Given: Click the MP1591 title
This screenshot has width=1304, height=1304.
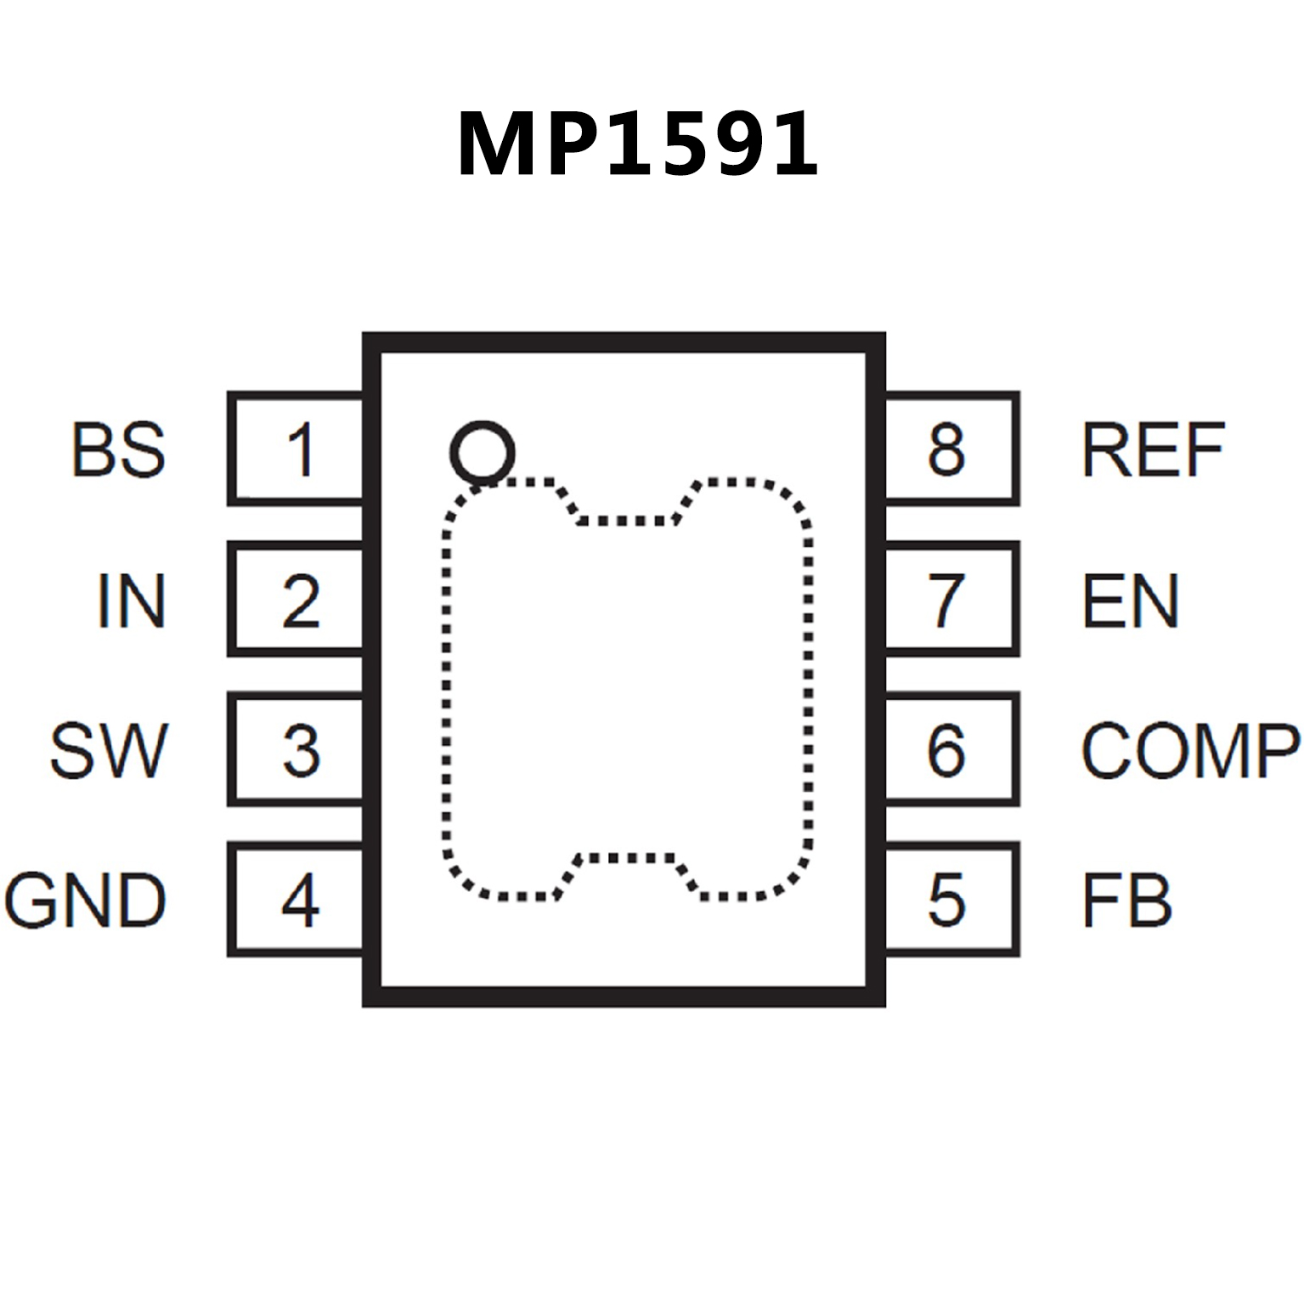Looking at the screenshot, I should (x=637, y=144).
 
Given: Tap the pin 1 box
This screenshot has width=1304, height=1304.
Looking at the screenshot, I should (x=297, y=449).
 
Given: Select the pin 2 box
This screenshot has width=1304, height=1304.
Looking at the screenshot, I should (x=297, y=600).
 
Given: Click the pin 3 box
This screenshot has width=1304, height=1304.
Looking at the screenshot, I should (x=297, y=749).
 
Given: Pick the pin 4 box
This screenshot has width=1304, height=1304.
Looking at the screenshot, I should (x=297, y=900).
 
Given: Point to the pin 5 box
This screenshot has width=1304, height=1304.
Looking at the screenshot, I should (x=950, y=900).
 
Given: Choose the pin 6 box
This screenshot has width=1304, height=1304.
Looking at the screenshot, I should (x=950, y=749).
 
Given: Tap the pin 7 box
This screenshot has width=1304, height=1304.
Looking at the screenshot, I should (x=950, y=600).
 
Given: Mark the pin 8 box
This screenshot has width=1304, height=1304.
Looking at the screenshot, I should (x=950, y=449).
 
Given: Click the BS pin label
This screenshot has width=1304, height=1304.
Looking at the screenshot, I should (x=118, y=449).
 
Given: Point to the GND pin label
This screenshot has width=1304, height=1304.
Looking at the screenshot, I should (x=85, y=900).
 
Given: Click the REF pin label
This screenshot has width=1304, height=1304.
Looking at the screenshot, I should (x=1153, y=449).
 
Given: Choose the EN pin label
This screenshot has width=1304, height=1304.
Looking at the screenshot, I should (x=1131, y=601).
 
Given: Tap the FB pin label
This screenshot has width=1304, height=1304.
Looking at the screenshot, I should (x=1126, y=900).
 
